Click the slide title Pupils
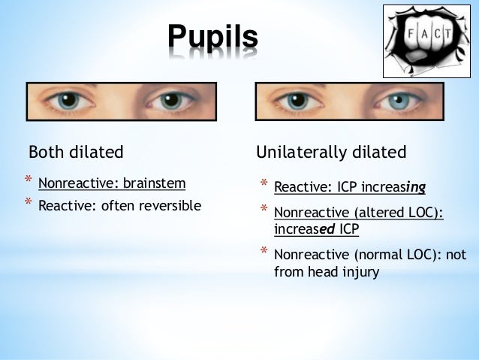coord(212,37)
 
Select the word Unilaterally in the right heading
coord(303,153)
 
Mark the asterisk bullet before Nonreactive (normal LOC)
coord(264,253)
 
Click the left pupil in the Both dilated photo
coord(70,100)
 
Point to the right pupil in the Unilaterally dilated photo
coord(399,101)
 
